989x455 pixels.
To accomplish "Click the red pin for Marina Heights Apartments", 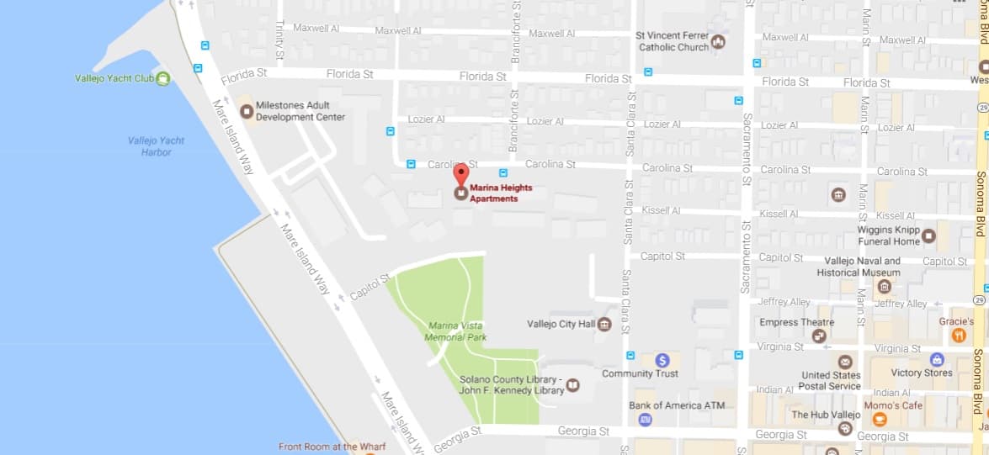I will tap(460, 174).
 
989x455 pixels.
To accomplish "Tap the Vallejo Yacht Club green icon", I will tap(163, 78).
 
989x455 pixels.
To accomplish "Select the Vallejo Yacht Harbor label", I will tap(156, 146).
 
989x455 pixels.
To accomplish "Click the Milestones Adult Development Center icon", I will tap(247, 111).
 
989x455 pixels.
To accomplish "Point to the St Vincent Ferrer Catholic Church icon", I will tap(718, 41).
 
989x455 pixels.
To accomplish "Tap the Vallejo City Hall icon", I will tap(604, 324).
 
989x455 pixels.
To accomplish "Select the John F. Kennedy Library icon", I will tap(573, 385).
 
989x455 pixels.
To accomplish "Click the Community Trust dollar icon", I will tap(662, 360).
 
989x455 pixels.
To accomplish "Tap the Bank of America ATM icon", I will tap(646, 419).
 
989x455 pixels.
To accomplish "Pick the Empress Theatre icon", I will tap(819, 336).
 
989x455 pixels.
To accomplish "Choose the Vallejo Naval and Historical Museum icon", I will tap(884, 287).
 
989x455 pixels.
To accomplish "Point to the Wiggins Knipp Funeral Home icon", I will tap(928, 235).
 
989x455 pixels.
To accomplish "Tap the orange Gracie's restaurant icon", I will tap(958, 336).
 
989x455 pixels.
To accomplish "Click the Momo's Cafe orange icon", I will tap(880, 419).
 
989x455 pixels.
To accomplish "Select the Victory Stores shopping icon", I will tap(937, 359).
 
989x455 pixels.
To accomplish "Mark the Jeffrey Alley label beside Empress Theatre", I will tap(784, 302).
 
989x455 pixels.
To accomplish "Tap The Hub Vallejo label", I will tap(826, 415).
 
